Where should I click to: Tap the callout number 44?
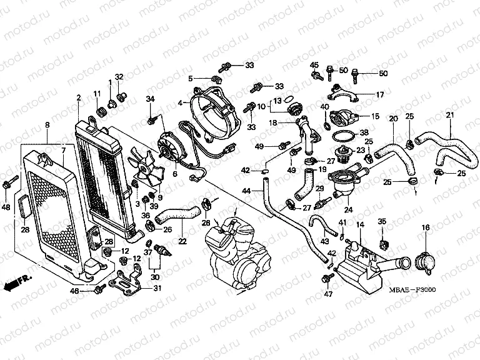[247, 190]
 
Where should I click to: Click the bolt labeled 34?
[152, 118]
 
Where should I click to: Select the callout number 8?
[47, 126]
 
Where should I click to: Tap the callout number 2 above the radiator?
[79, 97]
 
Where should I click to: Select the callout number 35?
[382, 221]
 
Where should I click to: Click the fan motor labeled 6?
[169, 147]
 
